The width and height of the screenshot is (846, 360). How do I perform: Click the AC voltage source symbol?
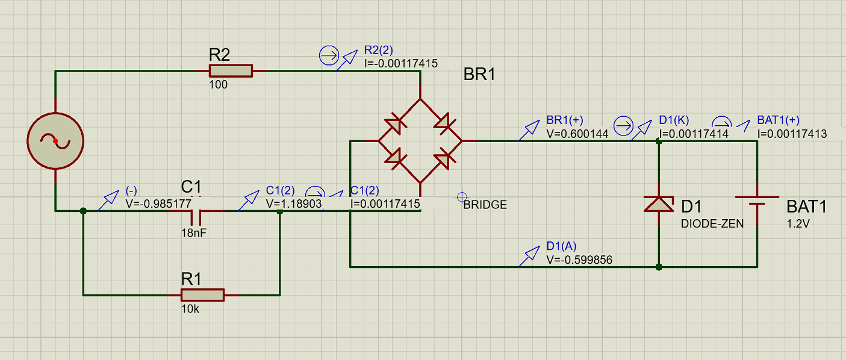[x=55, y=141]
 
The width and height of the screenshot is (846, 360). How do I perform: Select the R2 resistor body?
[x=231, y=71]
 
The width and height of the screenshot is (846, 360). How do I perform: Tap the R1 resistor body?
[x=203, y=295]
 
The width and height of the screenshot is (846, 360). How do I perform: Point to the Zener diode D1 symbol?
[x=659, y=204]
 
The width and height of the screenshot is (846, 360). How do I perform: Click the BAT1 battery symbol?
[x=757, y=200]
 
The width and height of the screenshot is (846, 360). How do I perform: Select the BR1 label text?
[x=479, y=74]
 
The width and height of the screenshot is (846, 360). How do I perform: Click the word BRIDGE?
[x=485, y=205]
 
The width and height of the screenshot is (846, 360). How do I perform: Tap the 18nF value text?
[x=194, y=233]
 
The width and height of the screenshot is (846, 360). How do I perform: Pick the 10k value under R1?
[x=190, y=309]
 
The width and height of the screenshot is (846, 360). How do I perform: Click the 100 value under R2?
[x=219, y=85]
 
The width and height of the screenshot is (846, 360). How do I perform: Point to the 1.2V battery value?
[x=798, y=224]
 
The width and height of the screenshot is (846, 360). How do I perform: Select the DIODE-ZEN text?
[x=712, y=224]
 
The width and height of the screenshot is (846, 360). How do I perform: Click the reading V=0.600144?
[x=577, y=134]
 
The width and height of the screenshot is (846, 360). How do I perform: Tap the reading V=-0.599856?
[x=579, y=260]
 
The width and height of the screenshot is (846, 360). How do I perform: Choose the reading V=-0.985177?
[x=158, y=204]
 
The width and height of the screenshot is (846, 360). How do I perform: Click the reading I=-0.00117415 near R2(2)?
[x=400, y=63]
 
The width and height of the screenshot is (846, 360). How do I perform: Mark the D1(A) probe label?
[x=561, y=246]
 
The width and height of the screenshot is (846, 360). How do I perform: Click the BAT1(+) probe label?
[x=778, y=120]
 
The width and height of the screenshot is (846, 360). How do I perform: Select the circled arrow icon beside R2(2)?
[x=329, y=55]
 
